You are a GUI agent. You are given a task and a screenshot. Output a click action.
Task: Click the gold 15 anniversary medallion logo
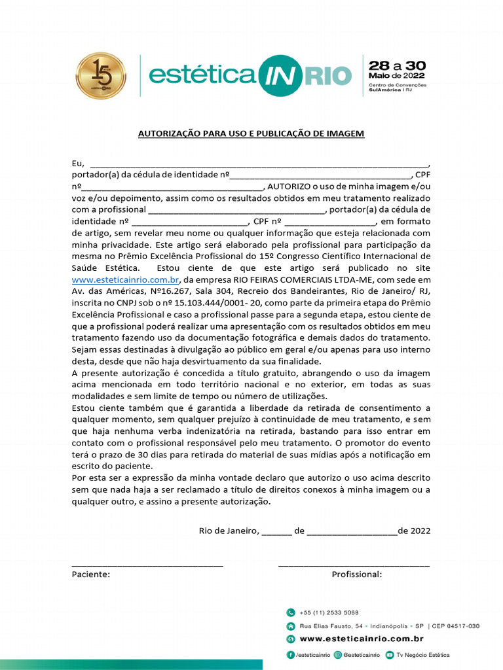pyautogui.click(x=100, y=76)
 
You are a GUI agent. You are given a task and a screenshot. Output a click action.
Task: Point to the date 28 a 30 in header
pyautogui.click(x=397, y=65)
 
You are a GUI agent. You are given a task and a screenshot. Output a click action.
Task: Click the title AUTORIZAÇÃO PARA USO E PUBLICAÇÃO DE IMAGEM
pyautogui.click(x=251, y=133)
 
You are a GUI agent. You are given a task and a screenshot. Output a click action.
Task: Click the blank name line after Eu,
pyautogui.click(x=259, y=163)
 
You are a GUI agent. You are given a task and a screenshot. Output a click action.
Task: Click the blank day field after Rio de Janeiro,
pyautogui.click(x=276, y=531)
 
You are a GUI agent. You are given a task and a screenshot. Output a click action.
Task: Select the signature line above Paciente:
pyautogui.click(x=147, y=563)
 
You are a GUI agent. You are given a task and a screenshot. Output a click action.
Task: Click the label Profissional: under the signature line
pyautogui.click(x=357, y=574)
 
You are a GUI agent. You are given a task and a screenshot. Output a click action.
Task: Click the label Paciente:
pyautogui.click(x=91, y=574)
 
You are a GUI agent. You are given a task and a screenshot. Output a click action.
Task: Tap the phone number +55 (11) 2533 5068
pyautogui.click(x=329, y=613)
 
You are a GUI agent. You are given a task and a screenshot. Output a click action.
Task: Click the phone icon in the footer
pyautogui.click(x=291, y=613)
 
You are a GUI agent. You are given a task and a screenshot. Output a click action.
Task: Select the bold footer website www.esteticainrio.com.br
pyautogui.click(x=362, y=639)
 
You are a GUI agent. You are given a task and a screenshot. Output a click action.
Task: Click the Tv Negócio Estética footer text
pyautogui.click(x=423, y=655)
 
